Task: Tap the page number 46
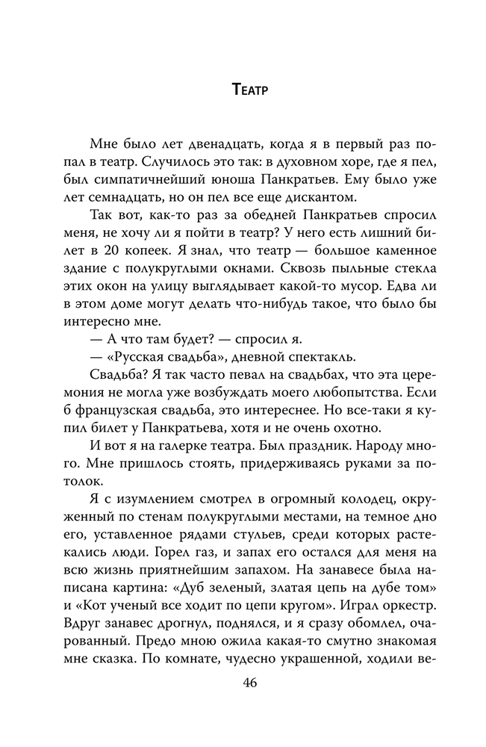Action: [249, 686]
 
